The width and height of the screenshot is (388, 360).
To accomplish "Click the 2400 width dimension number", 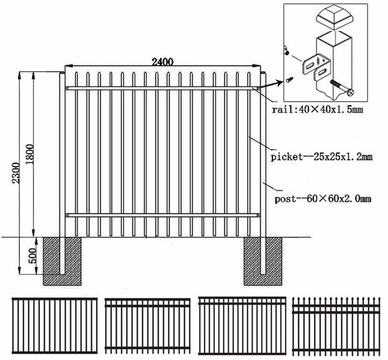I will [163, 62].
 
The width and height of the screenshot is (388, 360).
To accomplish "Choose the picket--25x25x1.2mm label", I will [321, 155].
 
